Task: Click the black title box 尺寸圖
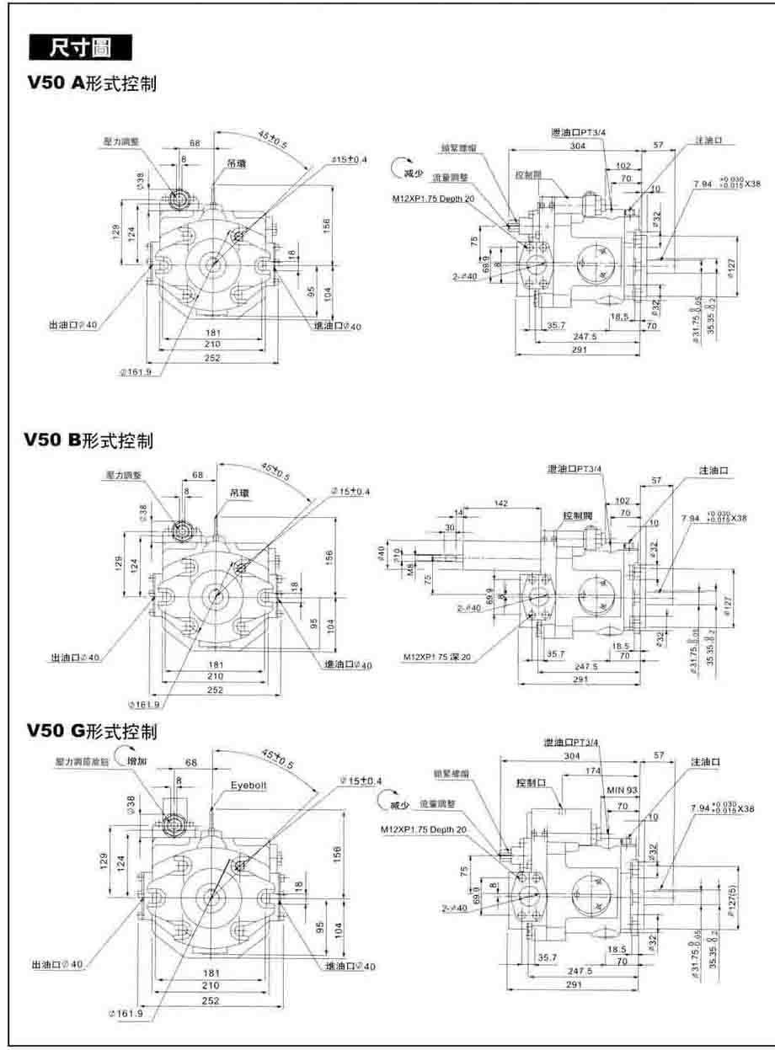[80, 48]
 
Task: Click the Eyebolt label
[249, 785]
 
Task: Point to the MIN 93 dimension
[622, 791]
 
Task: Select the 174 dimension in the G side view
[593, 771]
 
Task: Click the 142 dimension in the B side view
[500, 503]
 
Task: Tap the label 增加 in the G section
[136, 760]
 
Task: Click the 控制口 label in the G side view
[532, 782]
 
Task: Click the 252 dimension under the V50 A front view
[212, 358]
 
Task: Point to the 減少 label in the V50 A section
[411, 173]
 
